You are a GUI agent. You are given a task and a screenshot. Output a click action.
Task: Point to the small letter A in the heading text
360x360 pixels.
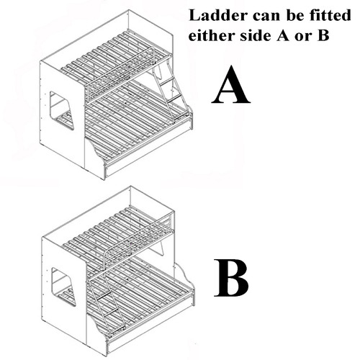coord(283,36)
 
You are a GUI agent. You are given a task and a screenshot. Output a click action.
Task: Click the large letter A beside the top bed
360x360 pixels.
coord(231,84)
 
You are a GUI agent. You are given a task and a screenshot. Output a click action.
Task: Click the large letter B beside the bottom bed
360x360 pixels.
coord(230,278)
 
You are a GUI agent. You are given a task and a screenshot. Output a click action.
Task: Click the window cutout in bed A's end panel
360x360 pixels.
coord(62,110)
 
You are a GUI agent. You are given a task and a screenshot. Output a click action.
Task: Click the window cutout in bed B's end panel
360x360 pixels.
coord(63,287)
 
